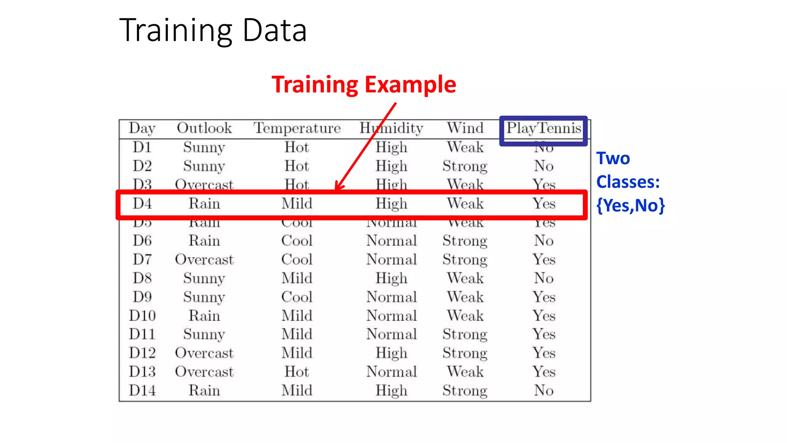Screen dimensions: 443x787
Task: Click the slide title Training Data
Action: pos(213,31)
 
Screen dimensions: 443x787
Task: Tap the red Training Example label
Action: pos(364,85)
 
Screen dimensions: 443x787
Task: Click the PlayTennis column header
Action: pos(543,128)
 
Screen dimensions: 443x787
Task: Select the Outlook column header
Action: pos(204,128)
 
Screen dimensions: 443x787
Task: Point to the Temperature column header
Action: pos(297,128)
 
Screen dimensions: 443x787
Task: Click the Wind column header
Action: pos(465,128)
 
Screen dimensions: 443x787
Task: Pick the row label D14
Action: pos(142,390)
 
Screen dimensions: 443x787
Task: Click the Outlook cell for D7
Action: pos(204,260)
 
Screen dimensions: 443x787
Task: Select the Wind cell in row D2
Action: pos(465,166)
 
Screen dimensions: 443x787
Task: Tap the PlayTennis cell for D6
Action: pos(544,241)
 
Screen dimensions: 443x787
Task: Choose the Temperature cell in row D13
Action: pos(297,372)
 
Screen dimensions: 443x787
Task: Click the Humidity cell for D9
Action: pos(391,297)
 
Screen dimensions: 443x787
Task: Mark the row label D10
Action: pos(142,316)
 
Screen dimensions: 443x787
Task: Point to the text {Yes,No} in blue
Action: pos(630,205)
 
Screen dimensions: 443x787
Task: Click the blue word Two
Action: pos(613,158)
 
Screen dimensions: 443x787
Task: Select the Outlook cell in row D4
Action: pos(204,203)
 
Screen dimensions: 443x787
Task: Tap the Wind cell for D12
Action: pos(465,353)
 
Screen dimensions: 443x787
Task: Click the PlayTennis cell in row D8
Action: pos(544,278)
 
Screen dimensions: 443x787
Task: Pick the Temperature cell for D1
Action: pos(297,147)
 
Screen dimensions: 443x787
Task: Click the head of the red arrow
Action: pos(337,188)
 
